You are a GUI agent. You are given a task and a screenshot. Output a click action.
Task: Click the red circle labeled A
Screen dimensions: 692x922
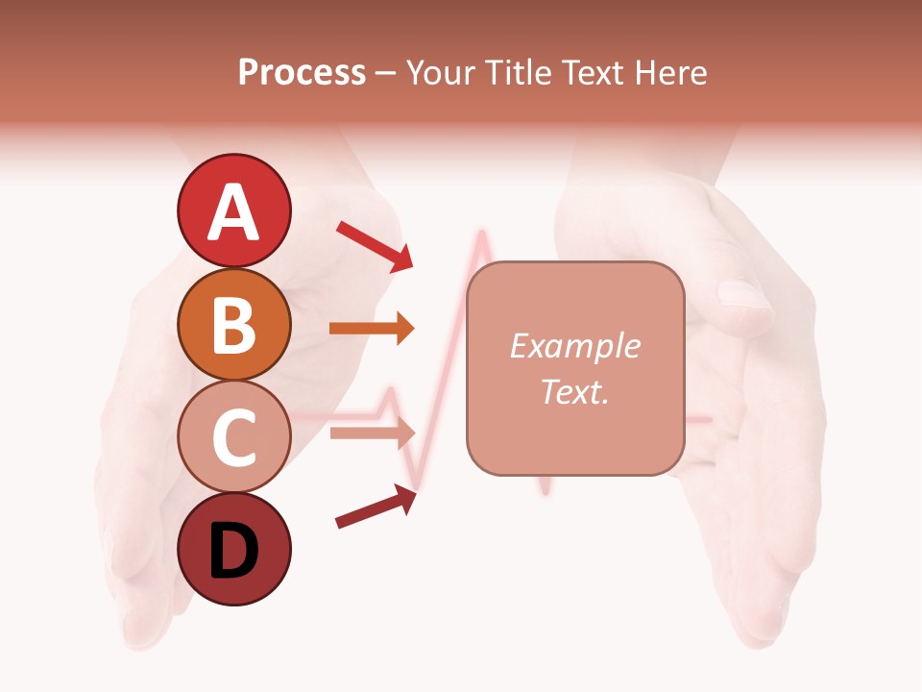(x=233, y=210)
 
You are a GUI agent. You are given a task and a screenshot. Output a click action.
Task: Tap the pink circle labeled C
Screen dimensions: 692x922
(x=233, y=437)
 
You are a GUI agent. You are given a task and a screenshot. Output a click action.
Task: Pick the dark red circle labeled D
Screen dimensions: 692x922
(x=233, y=550)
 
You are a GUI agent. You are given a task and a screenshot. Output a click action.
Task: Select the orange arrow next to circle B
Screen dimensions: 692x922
(x=372, y=329)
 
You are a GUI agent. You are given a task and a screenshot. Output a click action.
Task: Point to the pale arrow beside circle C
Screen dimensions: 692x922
(x=372, y=432)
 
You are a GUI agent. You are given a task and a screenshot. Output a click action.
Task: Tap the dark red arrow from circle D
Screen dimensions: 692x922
(x=376, y=507)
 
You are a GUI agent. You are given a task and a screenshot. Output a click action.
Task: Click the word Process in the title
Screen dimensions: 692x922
(x=302, y=72)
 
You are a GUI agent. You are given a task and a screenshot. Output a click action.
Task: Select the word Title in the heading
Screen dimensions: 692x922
(x=520, y=72)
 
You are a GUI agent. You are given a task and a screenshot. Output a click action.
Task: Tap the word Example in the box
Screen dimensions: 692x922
(x=574, y=346)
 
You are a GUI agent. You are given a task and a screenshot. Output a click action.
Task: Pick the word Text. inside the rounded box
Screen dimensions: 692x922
(x=574, y=391)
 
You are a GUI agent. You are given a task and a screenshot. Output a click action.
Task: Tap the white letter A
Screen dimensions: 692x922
(x=233, y=212)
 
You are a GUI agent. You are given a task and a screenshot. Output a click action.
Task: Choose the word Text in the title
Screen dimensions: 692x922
(x=594, y=72)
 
